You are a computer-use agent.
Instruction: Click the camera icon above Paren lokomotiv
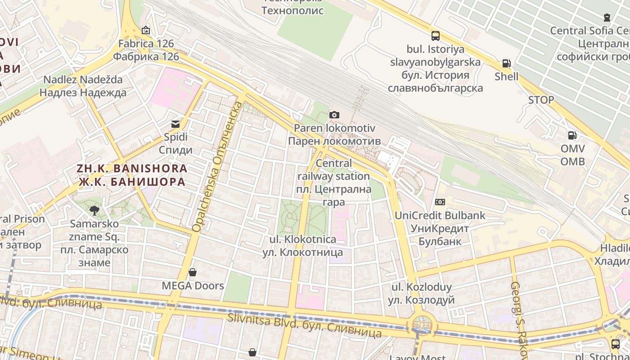pos(334,115)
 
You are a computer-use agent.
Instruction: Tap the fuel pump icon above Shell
pos(506,63)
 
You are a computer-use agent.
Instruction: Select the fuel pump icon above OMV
pos(572,135)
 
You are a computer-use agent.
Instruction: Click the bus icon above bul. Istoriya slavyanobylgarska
pos(435,36)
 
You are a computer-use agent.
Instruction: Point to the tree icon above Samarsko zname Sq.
pos(94,210)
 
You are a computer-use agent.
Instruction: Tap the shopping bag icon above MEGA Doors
pos(193,272)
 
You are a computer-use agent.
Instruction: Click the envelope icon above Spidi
pos(175,124)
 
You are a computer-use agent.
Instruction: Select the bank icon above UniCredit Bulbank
pos(440,202)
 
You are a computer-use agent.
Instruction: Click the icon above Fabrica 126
pos(145,31)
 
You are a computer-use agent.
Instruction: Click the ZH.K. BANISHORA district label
pos(132,175)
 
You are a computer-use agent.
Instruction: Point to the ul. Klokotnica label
pos(302,246)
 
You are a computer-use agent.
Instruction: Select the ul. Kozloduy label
pos(421,293)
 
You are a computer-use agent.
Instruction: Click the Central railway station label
pos(333,182)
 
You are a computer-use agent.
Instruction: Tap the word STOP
pos(541,100)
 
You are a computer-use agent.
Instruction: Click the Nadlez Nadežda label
pos(83,86)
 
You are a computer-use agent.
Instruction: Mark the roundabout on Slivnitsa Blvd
pos(422,324)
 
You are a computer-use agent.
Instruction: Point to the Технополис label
pos(292,10)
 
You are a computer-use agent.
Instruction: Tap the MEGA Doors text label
pos(193,286)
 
